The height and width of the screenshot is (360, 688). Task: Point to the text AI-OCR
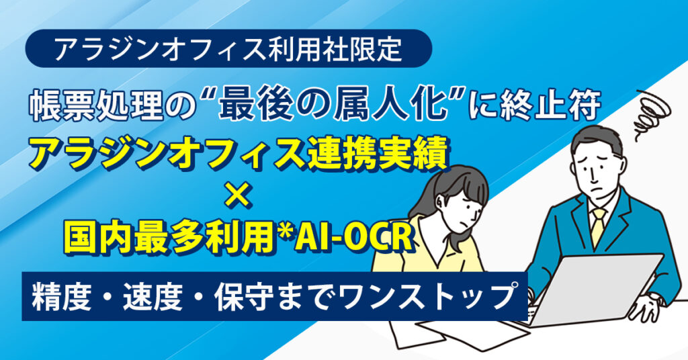[x=353, y=237]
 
